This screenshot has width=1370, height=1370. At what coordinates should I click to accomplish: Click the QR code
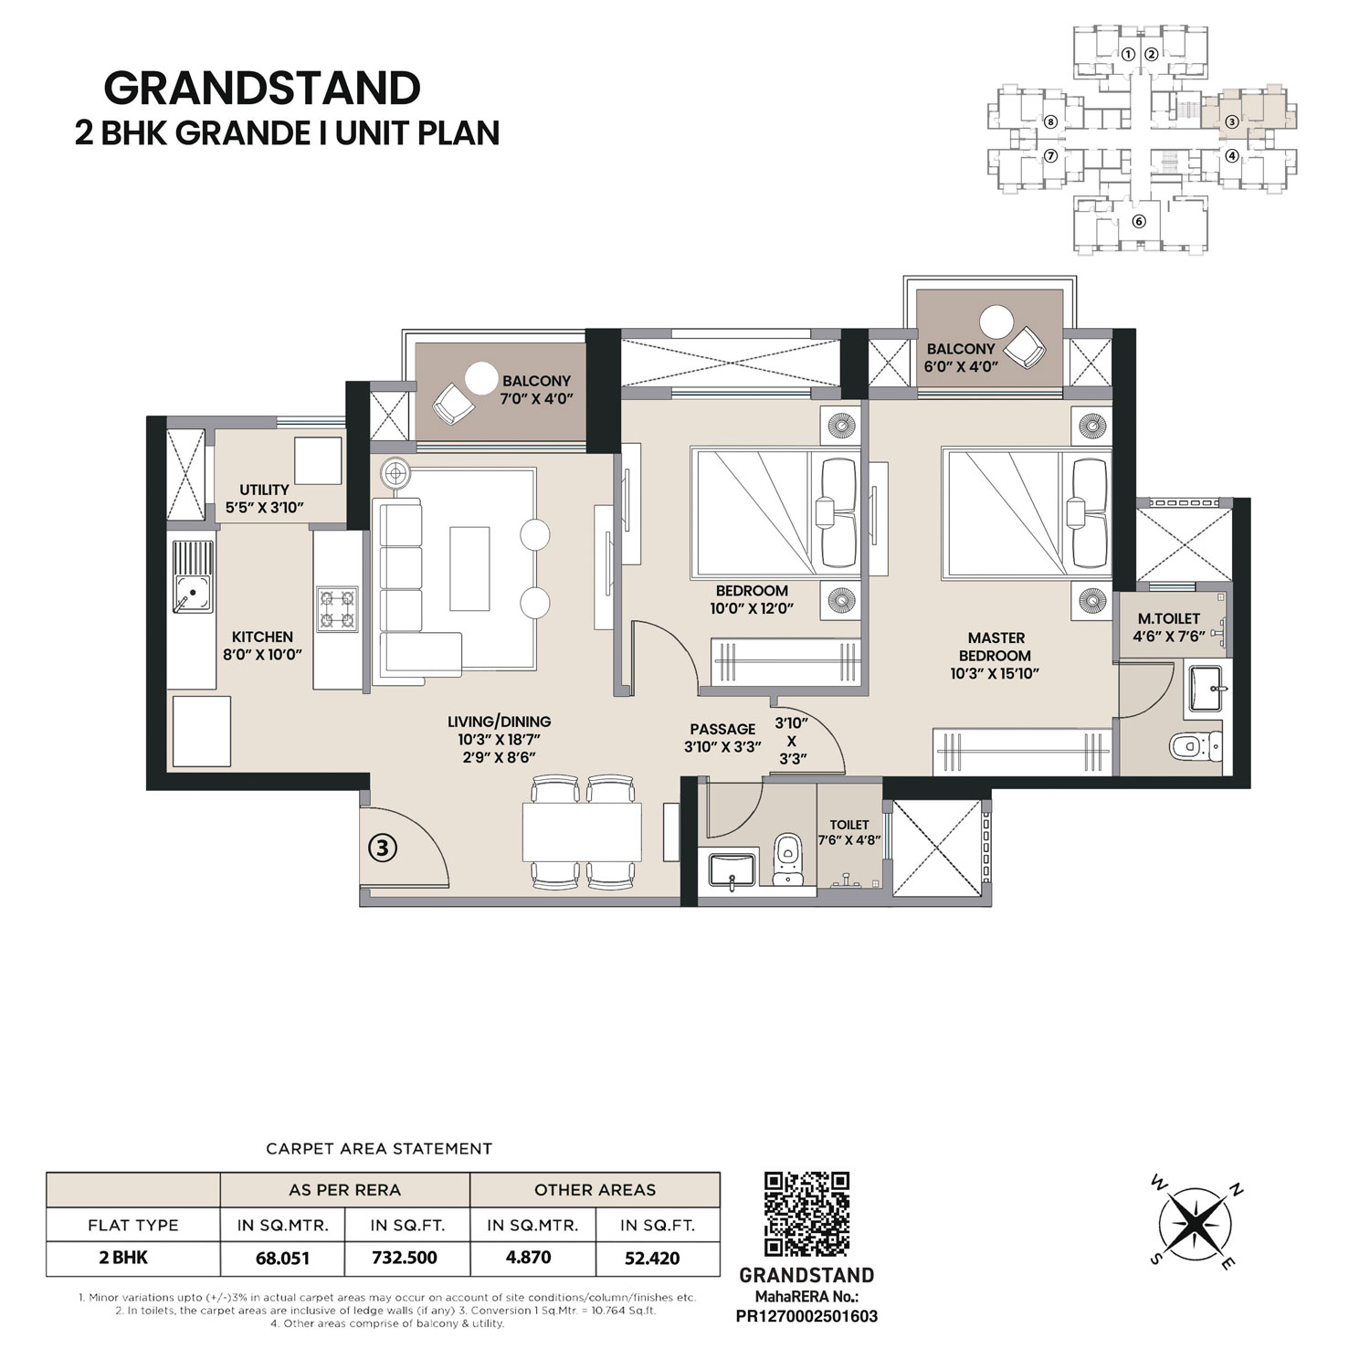pos(806,1215)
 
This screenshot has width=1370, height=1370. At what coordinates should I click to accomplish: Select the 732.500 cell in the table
pos(405,1258)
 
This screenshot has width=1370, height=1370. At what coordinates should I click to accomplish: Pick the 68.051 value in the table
pos(282,1258)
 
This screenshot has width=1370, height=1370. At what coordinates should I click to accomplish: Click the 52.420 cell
pos(652,1258)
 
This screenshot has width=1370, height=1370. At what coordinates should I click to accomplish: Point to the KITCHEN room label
pos(262,637)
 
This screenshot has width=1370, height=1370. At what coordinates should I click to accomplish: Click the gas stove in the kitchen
pos(336,609)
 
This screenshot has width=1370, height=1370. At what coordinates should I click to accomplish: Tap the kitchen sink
pos(193,577)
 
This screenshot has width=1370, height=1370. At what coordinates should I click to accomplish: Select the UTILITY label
pos(264,490)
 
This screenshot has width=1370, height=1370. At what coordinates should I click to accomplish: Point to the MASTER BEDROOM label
pos(996,647)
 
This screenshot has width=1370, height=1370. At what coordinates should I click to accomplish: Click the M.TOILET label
pos(1169,618)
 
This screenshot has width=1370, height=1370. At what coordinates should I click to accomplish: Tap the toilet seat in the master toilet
pos(1194,745)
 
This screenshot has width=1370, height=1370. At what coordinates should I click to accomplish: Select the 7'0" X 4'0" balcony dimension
pos(536,399)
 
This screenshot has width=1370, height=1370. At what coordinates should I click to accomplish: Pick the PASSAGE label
pos(722,729)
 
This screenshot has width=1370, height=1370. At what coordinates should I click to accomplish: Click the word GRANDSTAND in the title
pos(262,89)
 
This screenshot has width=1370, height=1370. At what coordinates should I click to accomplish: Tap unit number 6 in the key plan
pos(1138,221)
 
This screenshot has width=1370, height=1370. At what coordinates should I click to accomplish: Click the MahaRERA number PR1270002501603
pos(806,1316)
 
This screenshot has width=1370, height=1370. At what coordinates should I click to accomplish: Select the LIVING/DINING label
pos(505,722)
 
